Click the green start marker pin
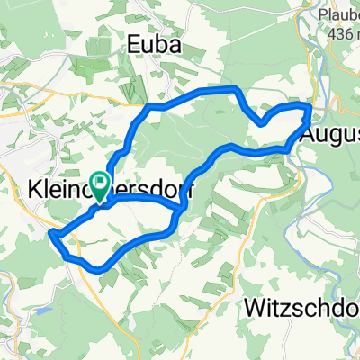pyautogui.click(x=99, y=183)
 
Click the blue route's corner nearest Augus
pyautogui.click(x=310, y=109)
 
